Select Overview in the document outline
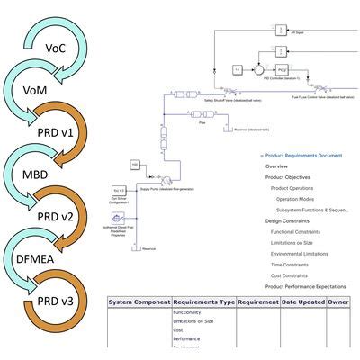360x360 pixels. click(x=277, y=166)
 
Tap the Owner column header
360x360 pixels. click(x=340, y=303)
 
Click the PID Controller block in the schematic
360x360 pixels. click(x=281, y=68)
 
